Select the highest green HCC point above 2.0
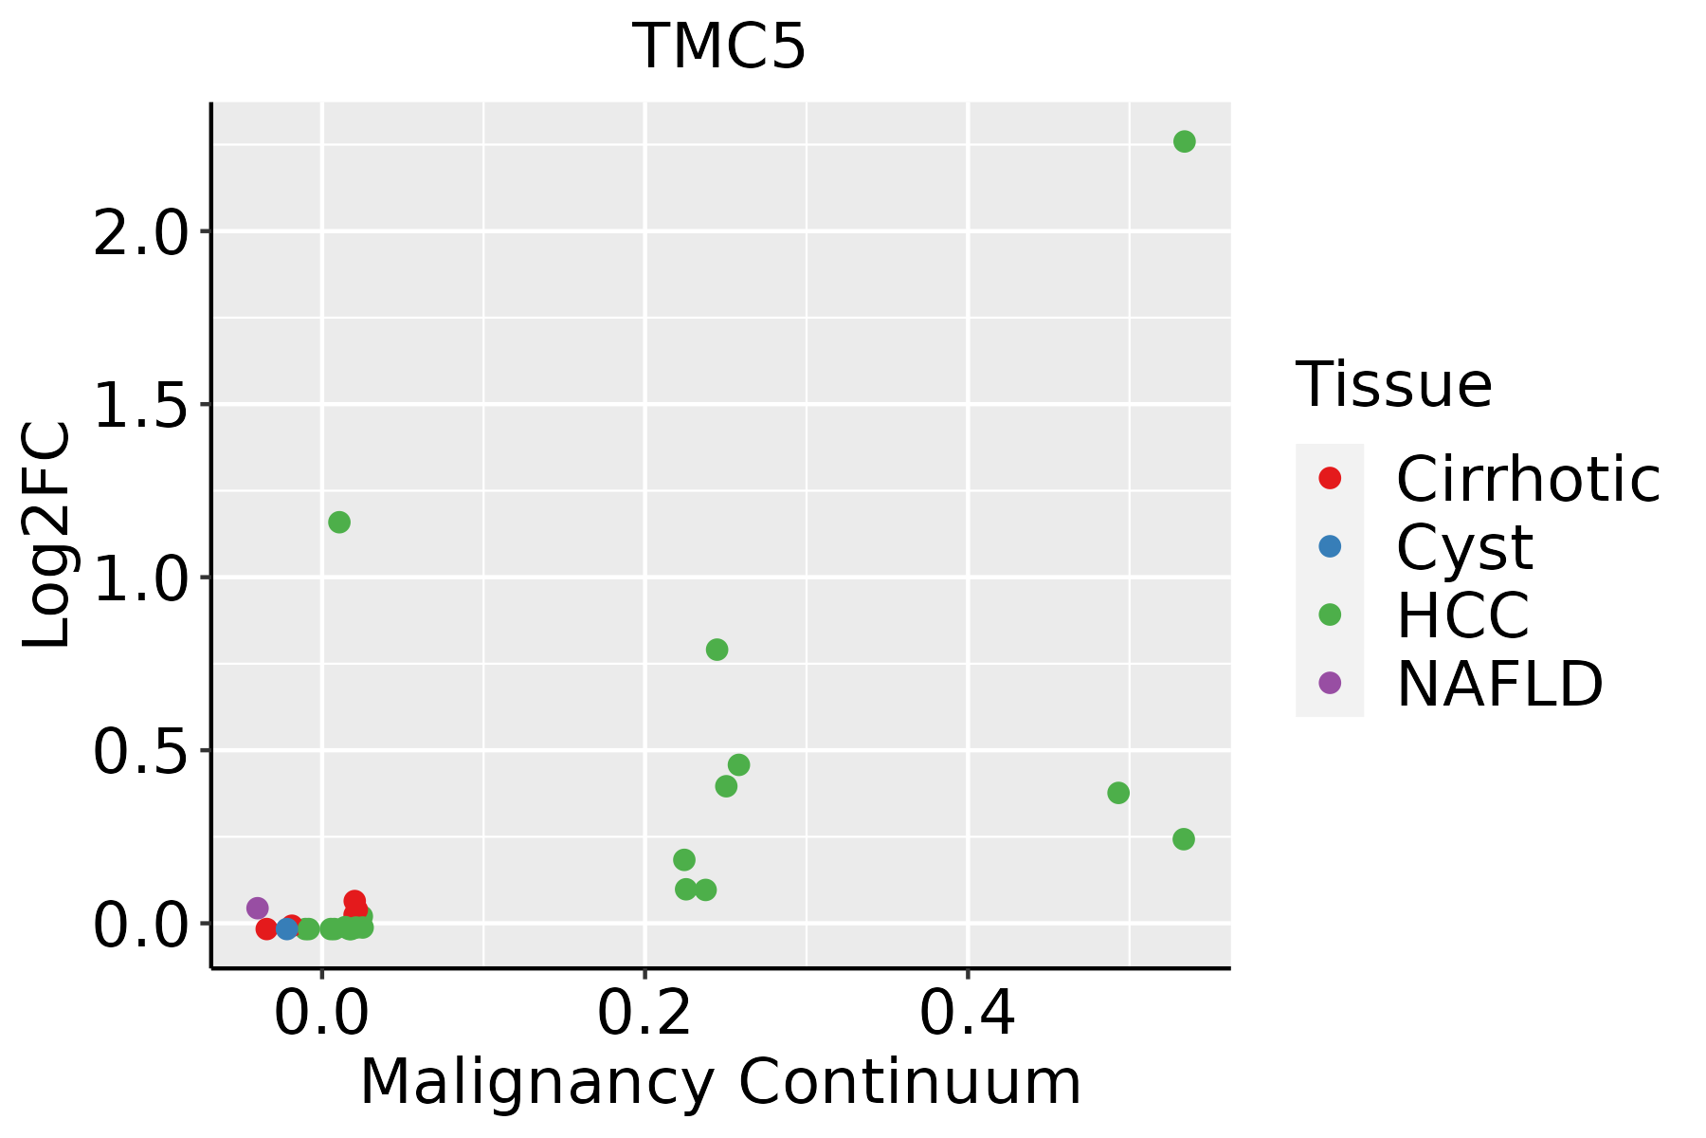pos(1184,141)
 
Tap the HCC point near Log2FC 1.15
pos(339,523)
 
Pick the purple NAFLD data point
pos(257,909)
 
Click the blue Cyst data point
pos(287,928)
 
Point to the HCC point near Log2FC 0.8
pos(717,650)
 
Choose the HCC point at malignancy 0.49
pos(1118,793)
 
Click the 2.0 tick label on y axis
pos(139,233)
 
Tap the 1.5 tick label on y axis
pos(139,406)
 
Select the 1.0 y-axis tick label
pos(139,578)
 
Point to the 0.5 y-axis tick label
pos(139,752)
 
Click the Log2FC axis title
pos(47,535)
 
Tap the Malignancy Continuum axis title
pos(720,1082)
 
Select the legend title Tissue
pos(1393,385)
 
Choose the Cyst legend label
pos(1464,547)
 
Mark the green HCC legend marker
pos(1330,615)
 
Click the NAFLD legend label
pos(1499,683)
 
